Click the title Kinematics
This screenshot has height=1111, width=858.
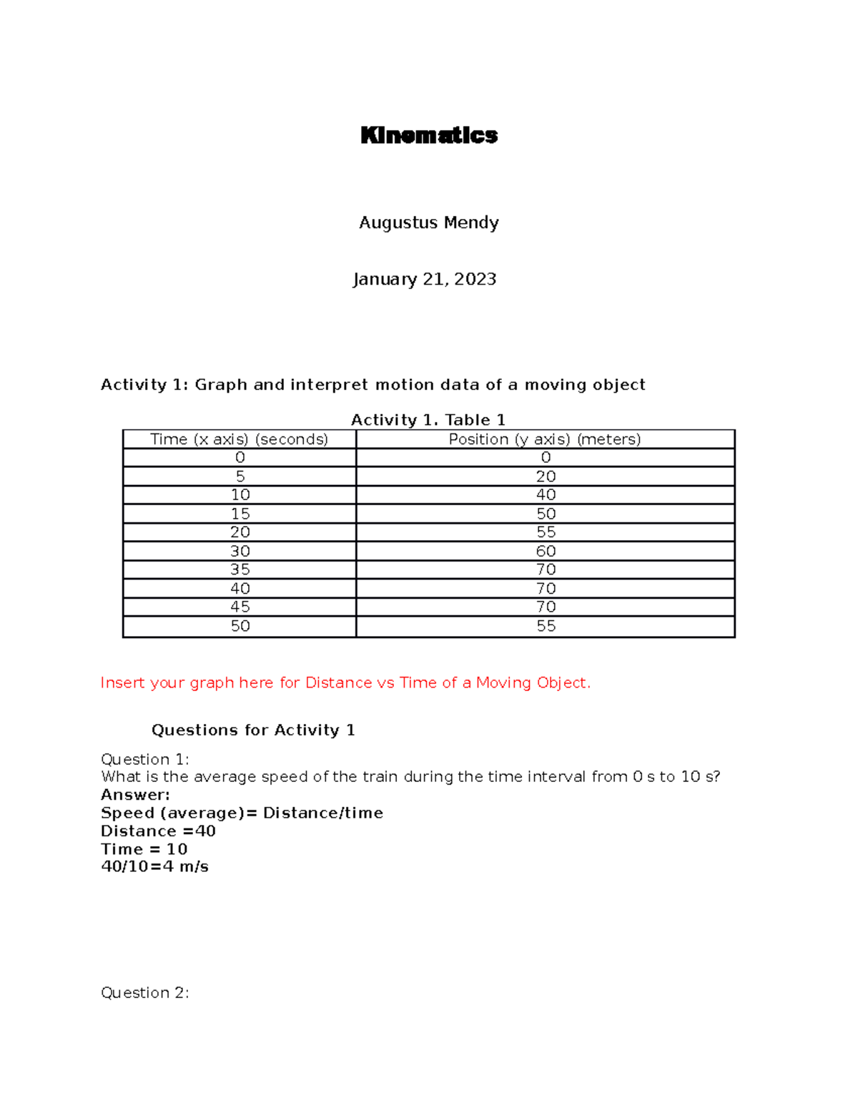coord(429,135)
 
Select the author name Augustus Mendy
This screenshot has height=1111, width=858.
coord(429,222)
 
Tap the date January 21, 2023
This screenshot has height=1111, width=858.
coord(425,279)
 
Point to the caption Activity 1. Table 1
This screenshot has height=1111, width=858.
coord(428,420)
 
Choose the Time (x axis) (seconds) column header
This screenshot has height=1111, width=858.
coord(240,439)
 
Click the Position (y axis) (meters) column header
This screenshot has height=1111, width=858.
coord(545,439)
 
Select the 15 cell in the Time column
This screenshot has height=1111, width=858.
coord(240,514)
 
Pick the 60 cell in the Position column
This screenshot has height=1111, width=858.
coord(546,551)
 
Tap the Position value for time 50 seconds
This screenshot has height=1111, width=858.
coord(546,626)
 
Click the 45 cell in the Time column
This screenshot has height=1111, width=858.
coord(240,607)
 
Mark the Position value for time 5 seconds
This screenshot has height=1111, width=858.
coord(546,476)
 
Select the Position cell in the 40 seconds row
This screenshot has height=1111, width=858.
coord(546,588)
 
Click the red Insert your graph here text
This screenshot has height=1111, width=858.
coord(345,682)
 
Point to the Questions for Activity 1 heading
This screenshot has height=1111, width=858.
coord(253,730)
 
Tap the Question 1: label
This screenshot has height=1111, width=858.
coord(145,759)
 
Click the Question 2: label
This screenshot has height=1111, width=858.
coord(145,992)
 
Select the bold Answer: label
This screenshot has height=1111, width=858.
coord(135,795)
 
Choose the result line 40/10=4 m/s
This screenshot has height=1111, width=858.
coord(154,866)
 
